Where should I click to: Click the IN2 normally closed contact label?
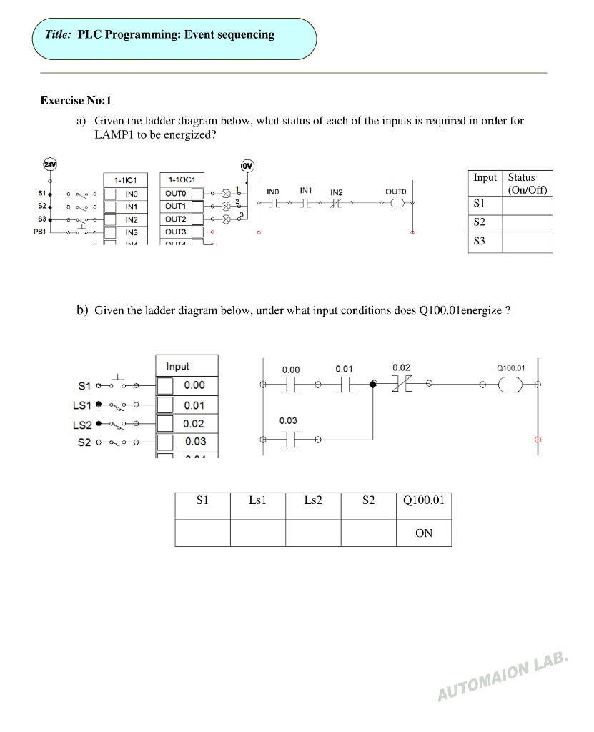click(336, 192)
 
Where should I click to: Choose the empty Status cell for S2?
click(528, 224)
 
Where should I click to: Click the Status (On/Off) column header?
click(528, 184)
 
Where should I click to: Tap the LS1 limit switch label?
click(82, 405)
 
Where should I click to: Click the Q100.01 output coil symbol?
click(512, 384)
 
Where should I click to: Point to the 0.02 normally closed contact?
click(401, 384)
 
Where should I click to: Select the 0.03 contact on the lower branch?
click(289, 438)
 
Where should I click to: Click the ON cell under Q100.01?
click(424, 533)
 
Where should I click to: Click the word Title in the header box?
click(57, 34)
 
